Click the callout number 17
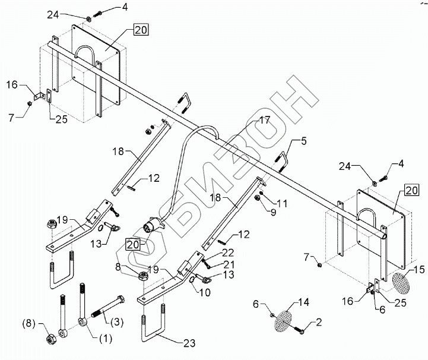264,119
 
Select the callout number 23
190,343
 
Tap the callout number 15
419,270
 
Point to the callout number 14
303,302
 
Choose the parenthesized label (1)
104,339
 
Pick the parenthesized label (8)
28,324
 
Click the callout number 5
304,141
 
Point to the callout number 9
273,211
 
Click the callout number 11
281,203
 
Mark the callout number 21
229,264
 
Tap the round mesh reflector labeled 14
283,319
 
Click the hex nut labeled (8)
51,340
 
